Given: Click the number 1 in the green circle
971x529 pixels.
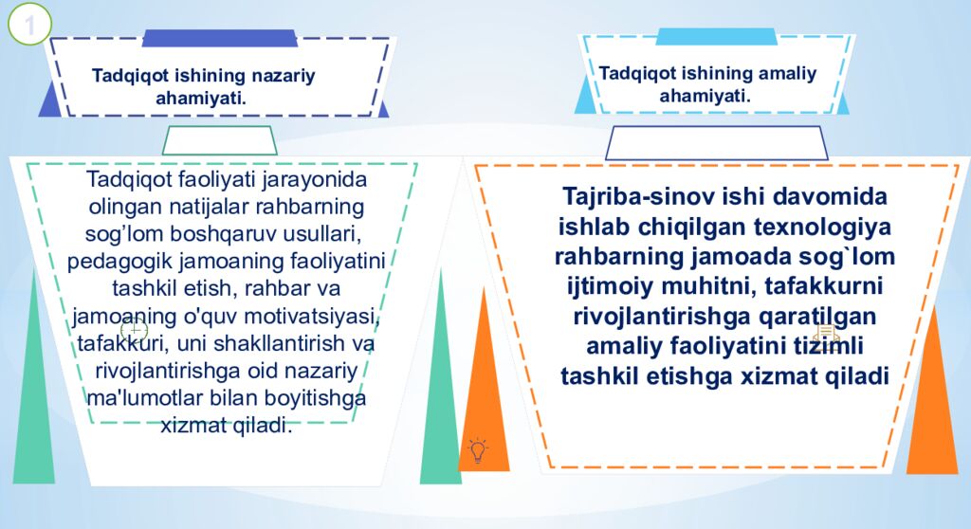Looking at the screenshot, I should pyautogui.click(x=29, y=26).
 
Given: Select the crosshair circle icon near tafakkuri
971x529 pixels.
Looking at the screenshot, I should pyautogui.click(x=134, y=331).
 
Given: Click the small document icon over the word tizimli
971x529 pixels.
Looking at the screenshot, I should pyautogui.click(x=825, y=336).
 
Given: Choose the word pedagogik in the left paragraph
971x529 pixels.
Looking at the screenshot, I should pyautogui.click(x=112, y=261).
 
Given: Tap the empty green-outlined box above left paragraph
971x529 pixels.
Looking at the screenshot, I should pyautogui.click(x=220, y=140).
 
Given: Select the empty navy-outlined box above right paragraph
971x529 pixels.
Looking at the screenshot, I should pyautogui.click(x=716, y=143).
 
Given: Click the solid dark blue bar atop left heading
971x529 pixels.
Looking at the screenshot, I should pyautogui.click(x=219, y=38).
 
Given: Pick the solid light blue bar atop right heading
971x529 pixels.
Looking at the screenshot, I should pyautogui.click(x=716, y=37).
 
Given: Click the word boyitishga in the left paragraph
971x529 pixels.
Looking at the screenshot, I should pyautogui.click(x=320, y=397).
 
